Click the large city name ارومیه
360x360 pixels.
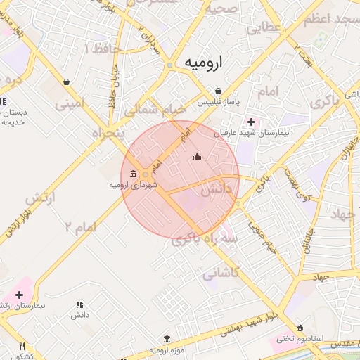[202, 63]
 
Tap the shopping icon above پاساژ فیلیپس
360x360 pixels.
[219, 91]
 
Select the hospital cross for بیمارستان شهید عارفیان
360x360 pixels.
[251, 122]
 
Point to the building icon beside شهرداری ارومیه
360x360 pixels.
[134, 173]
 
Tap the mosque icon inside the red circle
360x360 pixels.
[197, 155]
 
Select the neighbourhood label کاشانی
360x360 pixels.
[219, 274]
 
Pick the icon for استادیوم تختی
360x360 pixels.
[301, 328]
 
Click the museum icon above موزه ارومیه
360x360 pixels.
[167, 339]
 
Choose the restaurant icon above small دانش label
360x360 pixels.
[79, 304]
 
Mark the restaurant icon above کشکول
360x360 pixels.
[22, 346]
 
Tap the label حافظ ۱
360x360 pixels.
[103, 49]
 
